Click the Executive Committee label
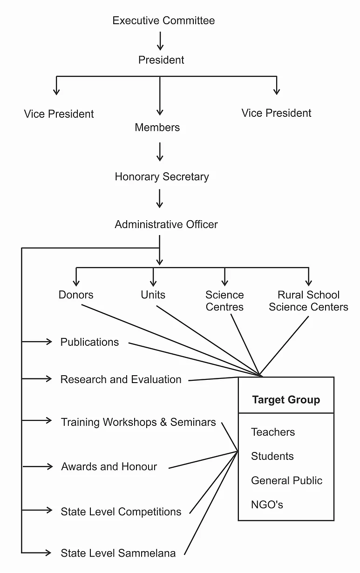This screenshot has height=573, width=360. click(x=164, y=20)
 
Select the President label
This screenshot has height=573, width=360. click(x=161, y=60)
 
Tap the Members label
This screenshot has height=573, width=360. click(x=157, y=128)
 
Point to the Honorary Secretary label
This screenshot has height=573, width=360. click(x=162, y=177)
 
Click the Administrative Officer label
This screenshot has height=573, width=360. click(x=166, y=224)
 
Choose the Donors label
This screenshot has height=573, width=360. click(x=76, y=295)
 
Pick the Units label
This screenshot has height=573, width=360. click(x=153, y=295)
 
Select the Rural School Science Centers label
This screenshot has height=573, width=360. click(x=309, y=301)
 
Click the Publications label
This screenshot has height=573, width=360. click(x=89, y=342)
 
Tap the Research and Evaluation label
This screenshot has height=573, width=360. click(x=121, y=379)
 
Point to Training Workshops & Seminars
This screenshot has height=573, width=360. click(x=138, y=422)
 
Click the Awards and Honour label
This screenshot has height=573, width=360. click(x=109, y=466)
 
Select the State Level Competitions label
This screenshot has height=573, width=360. click(x=121, y=512)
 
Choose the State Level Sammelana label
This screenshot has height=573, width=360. click(x=118, y=553)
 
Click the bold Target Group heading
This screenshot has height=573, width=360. click(x=286, y=399)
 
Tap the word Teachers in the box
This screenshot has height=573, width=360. click(x=273, y=432)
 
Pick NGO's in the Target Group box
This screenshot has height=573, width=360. click(x=267, y=505)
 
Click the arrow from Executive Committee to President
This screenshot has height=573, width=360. click(x=160, y=41)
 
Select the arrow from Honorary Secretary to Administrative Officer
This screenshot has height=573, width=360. click(x=160, y=198)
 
